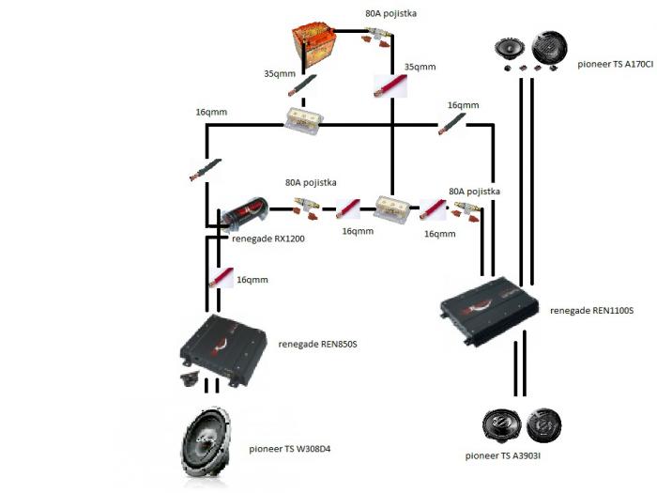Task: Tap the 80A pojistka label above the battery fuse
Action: coord(390,15)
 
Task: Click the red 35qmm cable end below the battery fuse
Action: coord(388,86)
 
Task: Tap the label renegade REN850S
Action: coord(317,344)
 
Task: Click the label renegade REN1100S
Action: coord(591,309)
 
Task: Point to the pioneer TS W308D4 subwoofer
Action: coord(215,449)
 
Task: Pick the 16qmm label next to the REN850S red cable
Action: coord(252,280)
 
